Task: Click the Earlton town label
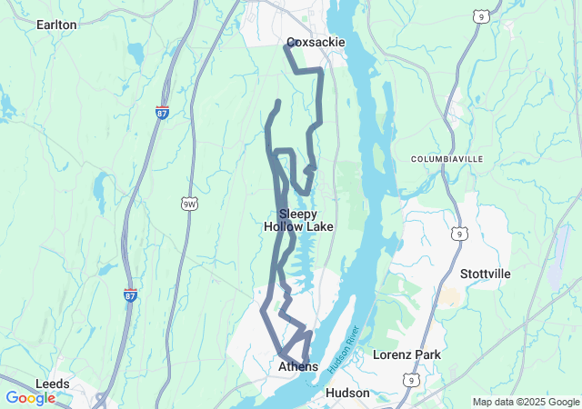point(56,25)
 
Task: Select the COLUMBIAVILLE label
point(447,159)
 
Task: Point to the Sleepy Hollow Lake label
point(298,220)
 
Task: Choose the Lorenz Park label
point(406,354)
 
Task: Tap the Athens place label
point(298,366)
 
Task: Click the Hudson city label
point(347,393)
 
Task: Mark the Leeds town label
point(53,384)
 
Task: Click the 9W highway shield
point(189,204)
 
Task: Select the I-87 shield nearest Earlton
point(162,112)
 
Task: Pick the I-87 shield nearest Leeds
point(131,294)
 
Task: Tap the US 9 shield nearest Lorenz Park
point(413,380)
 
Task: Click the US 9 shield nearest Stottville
point(460,234)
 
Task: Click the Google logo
point(30,398)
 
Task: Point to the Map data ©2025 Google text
point(526,402)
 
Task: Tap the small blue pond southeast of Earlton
point(135,55)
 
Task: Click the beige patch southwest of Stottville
point(449,296)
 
